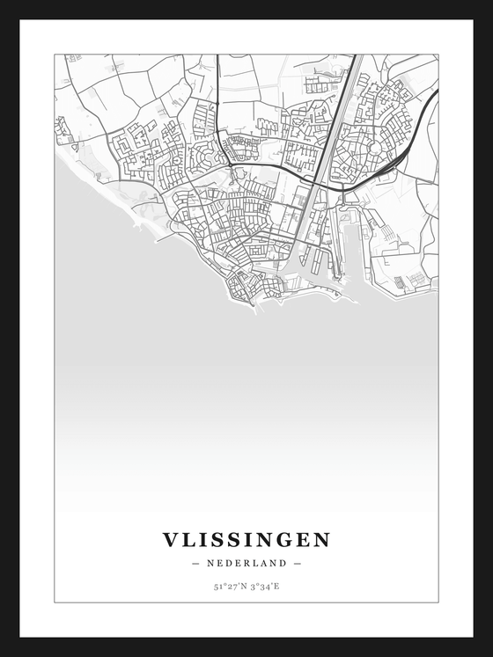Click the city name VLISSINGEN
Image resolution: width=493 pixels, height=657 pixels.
click(246, 539)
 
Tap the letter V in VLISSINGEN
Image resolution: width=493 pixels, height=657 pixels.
click(169, 539)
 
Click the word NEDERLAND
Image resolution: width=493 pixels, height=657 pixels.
click(246, 563)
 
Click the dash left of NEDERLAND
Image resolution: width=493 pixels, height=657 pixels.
click(195, 563)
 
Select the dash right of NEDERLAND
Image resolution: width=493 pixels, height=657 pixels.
click(298, 563)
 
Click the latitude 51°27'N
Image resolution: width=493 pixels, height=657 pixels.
click(229, 585)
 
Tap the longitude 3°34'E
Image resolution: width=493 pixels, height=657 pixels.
click(264, 585)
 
